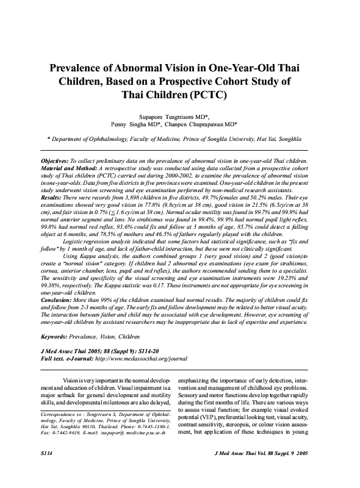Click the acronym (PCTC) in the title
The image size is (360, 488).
click(x=209, y=95)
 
